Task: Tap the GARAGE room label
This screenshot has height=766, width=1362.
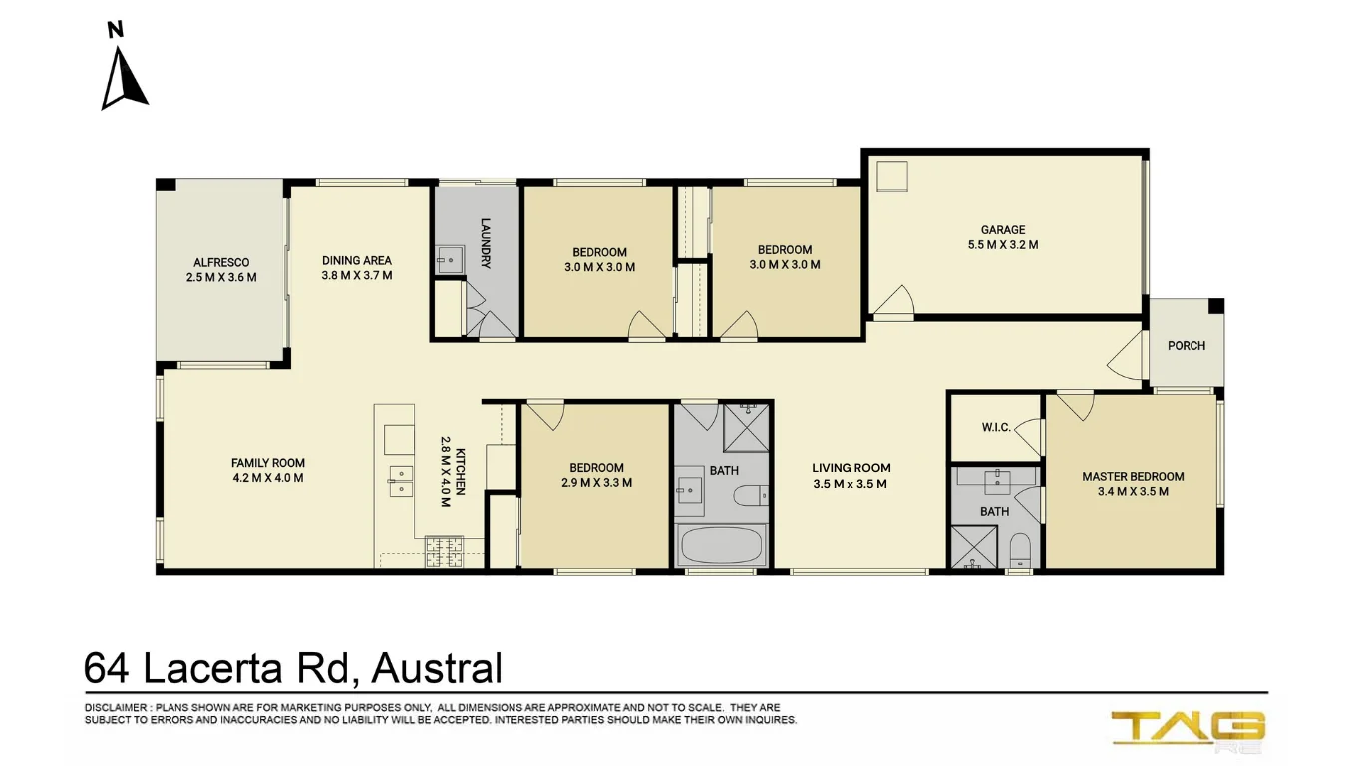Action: pos(1002,230)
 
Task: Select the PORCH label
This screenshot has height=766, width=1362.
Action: pos(1186,346)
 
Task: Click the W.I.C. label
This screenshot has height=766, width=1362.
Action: pos(995,427)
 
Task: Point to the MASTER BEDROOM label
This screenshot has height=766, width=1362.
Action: pos(1133,477)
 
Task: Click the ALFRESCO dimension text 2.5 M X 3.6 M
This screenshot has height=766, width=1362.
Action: pos(221,277)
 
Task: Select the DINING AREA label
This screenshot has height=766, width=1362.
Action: pos(356,261)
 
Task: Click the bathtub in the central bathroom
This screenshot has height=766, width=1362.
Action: pos(721,546)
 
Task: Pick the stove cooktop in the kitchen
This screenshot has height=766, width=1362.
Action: pos(445,550)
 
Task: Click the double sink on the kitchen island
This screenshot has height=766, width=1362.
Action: pos(401,480)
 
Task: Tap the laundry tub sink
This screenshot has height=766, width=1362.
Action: pos(450,259)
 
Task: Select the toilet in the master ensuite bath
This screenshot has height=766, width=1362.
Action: pos(1019,550)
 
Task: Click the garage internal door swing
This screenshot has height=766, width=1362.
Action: pos(894,302)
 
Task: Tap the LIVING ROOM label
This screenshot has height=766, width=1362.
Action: pos(851,468)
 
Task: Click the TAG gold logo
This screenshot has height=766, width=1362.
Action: pos(1188,728)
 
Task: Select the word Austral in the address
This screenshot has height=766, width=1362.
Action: pos(436,669)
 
